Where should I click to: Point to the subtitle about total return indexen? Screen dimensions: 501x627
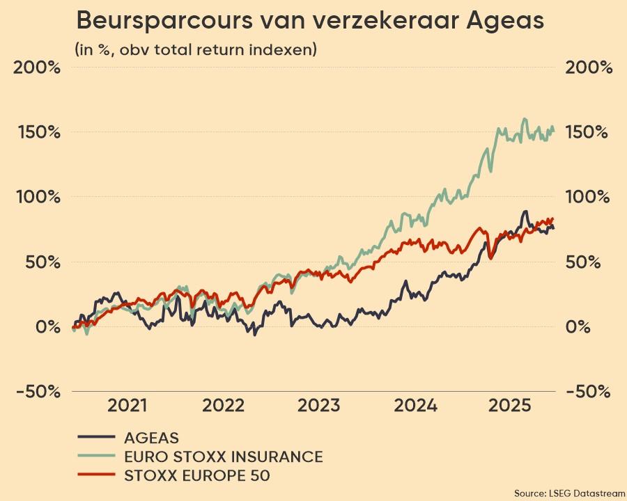[x=196, y=49]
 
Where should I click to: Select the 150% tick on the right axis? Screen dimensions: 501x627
[x=589, y=132]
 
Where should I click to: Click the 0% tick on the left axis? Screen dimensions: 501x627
[x=42, y=327]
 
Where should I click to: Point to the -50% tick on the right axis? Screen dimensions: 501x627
[x=589, y=392]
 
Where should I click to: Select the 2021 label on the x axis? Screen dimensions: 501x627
[x=127, y=406]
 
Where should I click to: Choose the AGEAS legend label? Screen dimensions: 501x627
[x=151, y=438]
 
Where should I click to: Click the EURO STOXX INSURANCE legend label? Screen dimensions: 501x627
[x=223, y=456]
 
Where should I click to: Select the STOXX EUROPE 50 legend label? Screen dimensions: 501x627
[x=196, y=476]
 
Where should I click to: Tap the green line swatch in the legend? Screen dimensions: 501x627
[x=96, y=456]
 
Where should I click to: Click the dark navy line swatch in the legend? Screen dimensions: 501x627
[x=96, y=438]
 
